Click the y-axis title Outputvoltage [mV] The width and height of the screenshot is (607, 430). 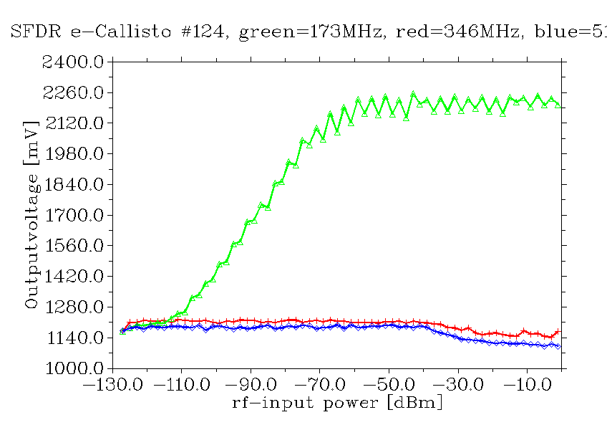[31, 216]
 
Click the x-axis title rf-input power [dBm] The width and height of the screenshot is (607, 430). [337, 403]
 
